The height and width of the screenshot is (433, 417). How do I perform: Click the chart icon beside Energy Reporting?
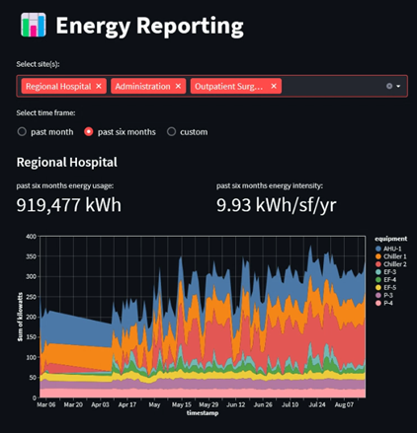[x=33, y=24]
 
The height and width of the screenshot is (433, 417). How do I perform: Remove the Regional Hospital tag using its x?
[x=99, y=87]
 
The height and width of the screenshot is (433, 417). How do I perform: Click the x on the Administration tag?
[x=178, y=87]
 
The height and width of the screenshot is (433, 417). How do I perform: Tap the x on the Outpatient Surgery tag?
[x=274, y=87]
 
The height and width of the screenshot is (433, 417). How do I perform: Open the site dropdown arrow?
[x=398, y=87]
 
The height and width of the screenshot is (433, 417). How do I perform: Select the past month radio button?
[x=23, y=131]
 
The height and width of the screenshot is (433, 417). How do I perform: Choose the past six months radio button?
[x=89, y=131]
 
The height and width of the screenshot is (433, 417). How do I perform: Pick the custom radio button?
[x=172, y=131]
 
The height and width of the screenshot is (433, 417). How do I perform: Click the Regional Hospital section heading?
[x=67, y=162]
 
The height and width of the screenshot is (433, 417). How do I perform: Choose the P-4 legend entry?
[x=388, y=303]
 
